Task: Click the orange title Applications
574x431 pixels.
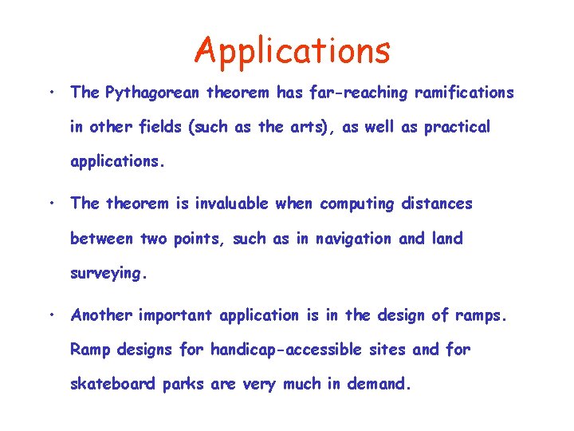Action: (x=293, y=51)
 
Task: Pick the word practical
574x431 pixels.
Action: (x=457, y=128)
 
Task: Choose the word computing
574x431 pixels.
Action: (x=356, y=204)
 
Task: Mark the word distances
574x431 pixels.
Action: (x=436, y=204)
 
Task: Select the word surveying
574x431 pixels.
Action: (x=108, y=274)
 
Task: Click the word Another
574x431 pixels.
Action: (x=101, y=315)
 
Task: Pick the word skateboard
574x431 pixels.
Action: (x=113, y=384)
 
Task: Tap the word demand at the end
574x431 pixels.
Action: (x=379, y=384)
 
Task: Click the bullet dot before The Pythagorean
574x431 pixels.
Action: (x=50, y=93)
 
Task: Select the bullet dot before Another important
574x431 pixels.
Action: (x=50, y=315)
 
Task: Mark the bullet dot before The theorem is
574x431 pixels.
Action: (x=50, y=204)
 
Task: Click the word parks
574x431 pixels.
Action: (x=184, y=384)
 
